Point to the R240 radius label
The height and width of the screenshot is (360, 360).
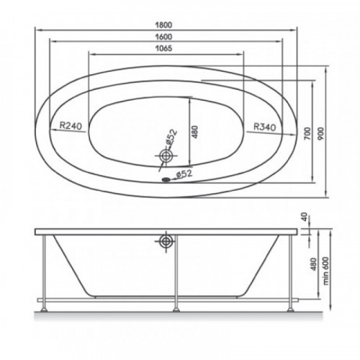pyautogui.click(x=71, y=125)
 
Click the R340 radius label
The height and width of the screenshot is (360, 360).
pyautogui.click(x=265, y=127)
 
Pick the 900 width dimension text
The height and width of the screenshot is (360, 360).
pyautogui.click(x=322, y=134)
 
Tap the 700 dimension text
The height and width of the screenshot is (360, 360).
pyautogui.click(x=307, y=134)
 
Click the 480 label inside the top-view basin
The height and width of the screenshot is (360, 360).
pyautogui.click(x=195, y=132)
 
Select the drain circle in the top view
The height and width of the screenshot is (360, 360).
pyautogui.click(x=166, y=156)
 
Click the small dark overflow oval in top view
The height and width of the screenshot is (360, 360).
pyautogui.click(x=166, y=179)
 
